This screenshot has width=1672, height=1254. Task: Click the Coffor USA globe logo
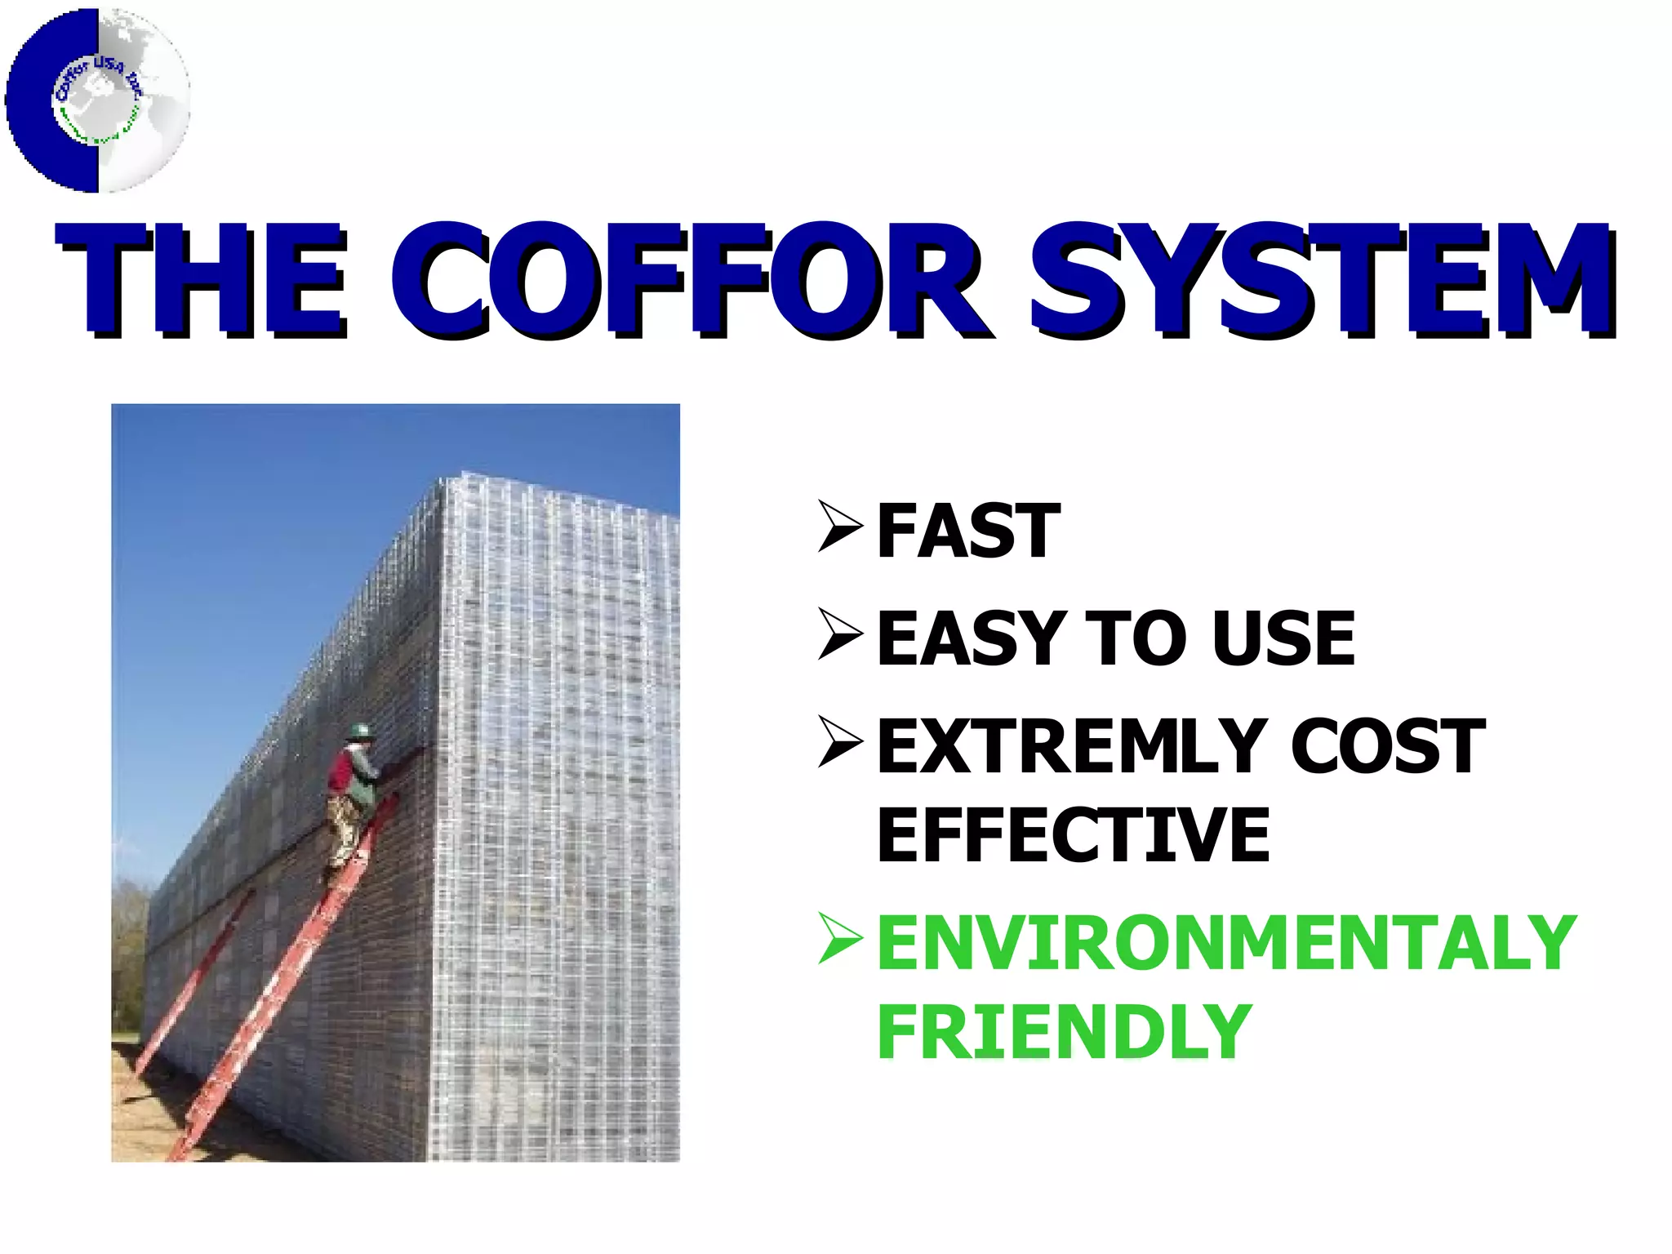click(98, 100)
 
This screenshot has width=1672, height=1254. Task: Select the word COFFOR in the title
click(690, 282)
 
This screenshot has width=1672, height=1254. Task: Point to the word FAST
click(968, 532)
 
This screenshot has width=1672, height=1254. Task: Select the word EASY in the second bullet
click(971, 639)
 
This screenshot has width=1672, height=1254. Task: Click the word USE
click(1283, 639)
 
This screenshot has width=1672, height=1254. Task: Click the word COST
click(1387, 746)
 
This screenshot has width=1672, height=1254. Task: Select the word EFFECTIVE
click(1073, 834)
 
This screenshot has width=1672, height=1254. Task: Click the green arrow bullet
click(839, 939)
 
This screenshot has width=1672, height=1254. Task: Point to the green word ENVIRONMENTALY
click(1225, 944)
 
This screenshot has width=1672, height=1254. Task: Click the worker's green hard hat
click(359, 731)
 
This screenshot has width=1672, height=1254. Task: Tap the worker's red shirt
click(341, 772)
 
